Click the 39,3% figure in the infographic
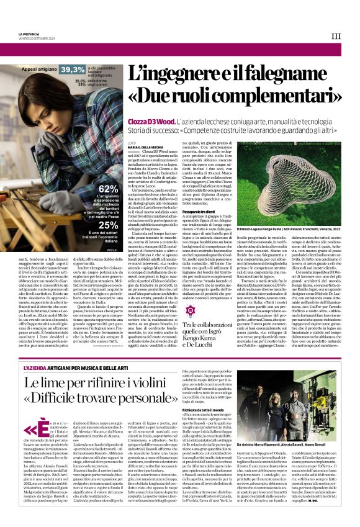(73, 71)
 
